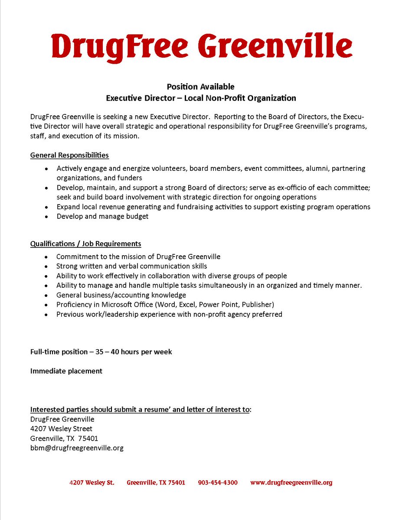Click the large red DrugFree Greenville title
[201, 45]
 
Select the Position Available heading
[201, 87]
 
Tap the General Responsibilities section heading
[69, 155]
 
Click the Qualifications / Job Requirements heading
[85, 244]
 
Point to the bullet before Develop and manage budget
[46, 216]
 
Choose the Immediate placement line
[66, 371]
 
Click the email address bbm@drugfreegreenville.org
[77, 448]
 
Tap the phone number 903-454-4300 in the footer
[218, 482]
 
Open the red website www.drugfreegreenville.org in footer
[291, 482]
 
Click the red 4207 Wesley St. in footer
[92, 482]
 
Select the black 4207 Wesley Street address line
[61, 429]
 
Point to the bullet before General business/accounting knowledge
[46, 295]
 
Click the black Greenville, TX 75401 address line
[64, 438]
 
